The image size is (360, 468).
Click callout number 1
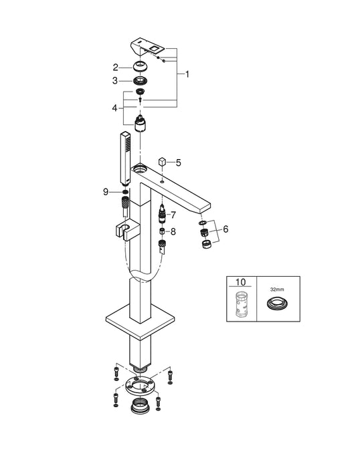tap(187, 74)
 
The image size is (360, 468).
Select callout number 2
tap(116, 67)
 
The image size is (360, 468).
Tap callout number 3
tap(116, 81)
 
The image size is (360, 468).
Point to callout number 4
tap(116, 107)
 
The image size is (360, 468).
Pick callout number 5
tap(178, 162)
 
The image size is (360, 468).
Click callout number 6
tap(225, 229)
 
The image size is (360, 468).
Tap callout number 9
tap(106, 192)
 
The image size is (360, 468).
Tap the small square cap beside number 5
tap(161, 162)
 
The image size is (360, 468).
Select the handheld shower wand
tap(124, 159)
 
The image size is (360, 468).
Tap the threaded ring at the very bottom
tap(139, 407)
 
